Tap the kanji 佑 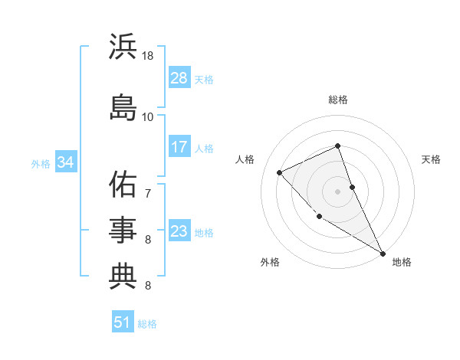(x=123, y=185)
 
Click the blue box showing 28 (x=179, y=77)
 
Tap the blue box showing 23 (x=179, y=231)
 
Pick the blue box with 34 (x=65, y=162)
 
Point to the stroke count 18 (x=148, y=56)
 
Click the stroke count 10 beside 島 (x=148, y=116)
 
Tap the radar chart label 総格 (x=338, y=100)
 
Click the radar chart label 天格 (x=431, y=159)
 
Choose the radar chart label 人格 (x=245, y=159)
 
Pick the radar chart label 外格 (x=270, y=262)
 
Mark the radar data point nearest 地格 (x=383, y=253)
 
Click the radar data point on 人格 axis (x=280, y=172)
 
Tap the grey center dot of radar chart (x=338, y=191)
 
